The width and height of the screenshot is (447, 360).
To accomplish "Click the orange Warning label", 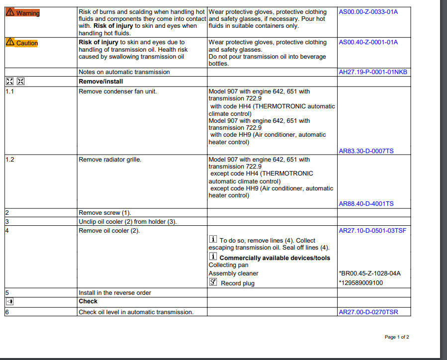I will point(22,13).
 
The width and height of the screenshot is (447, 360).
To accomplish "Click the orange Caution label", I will point(22,43).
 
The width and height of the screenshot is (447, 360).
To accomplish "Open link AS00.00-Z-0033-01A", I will point(368,12).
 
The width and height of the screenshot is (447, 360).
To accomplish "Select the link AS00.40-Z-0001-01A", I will point(368,42).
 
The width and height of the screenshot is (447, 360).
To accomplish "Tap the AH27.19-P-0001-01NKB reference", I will point(373,72).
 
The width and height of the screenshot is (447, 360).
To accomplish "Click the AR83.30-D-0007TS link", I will point(366,151).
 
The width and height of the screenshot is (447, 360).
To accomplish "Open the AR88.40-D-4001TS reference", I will point(366,203).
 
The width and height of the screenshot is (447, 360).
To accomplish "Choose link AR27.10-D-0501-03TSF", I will point(372,231).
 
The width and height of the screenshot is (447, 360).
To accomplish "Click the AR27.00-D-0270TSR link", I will point(368,312).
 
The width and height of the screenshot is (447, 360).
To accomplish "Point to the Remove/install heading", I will point(101,81).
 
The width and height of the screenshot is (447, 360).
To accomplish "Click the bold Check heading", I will point(88,301).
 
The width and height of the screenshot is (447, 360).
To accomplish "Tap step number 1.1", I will point(10,91).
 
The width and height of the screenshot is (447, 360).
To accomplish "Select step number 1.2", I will point(10,160).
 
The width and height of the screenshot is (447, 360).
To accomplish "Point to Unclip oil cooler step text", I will point(127,222).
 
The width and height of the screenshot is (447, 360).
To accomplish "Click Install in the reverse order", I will point(115,293).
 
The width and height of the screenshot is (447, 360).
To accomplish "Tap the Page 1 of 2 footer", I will point(397,337).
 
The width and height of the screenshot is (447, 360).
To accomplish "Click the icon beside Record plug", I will point(213,282).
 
